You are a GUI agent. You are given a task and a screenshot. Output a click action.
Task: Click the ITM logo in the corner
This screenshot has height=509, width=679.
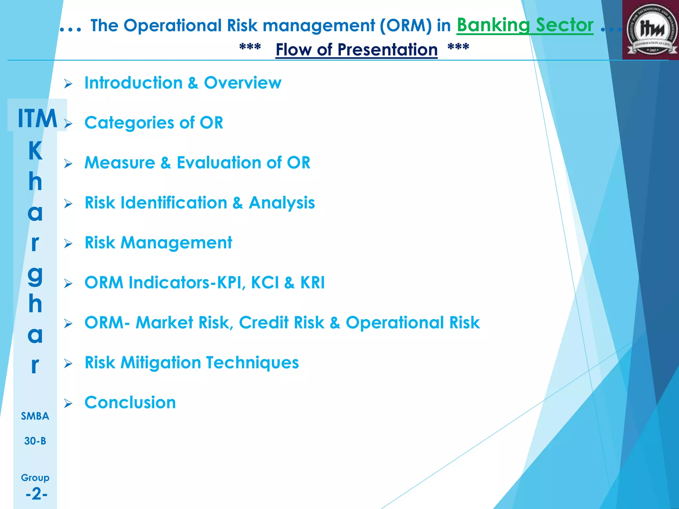pos(651,30)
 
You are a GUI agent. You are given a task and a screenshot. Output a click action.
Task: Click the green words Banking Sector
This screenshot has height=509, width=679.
pos(525,26)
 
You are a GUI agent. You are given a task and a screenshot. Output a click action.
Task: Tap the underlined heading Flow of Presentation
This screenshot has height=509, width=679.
pos(356,50)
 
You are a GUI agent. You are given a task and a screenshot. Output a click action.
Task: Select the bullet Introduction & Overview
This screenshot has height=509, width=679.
pos(183,83)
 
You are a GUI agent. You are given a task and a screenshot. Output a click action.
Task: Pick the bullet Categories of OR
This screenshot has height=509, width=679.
pos(154,123)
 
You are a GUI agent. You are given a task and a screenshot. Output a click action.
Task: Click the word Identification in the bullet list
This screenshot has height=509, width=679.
pos(174,203)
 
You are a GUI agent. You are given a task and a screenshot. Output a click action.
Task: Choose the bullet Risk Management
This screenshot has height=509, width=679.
pos(158,243)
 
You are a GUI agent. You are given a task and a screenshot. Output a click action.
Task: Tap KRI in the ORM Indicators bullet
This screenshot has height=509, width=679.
pos(312,283)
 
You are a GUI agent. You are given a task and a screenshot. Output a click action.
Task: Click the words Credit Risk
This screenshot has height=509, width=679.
pos(281,322)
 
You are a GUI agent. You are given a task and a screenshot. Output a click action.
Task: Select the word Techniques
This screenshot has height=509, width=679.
pos(252,363)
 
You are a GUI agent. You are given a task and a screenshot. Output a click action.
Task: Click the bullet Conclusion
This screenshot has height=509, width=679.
pos(130,403)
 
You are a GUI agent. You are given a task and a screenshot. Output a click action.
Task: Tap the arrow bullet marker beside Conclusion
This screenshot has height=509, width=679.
pos(68,404)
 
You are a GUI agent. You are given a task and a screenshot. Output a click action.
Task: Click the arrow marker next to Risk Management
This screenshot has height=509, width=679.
pos(68,244)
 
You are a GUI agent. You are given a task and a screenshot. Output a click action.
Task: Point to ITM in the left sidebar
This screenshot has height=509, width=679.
pos(37,118)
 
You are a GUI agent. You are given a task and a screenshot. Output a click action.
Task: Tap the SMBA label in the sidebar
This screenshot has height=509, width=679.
pos(35,416)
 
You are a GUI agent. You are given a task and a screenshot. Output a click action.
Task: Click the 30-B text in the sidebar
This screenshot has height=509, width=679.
pos(35,441)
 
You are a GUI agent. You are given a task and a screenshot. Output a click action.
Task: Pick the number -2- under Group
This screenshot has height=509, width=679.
pos(36,494)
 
